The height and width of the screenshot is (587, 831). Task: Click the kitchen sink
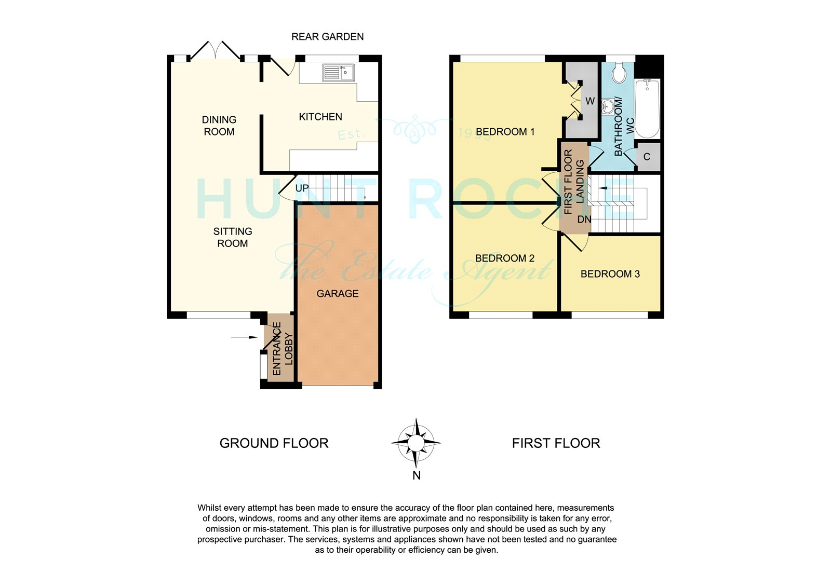(338, 73)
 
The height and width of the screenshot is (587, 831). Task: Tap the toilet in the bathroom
(619, 73)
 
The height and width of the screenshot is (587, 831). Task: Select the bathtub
(647, 108)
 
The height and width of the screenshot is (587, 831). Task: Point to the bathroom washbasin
(607, 107)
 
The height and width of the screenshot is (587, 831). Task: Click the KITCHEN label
(320, 117)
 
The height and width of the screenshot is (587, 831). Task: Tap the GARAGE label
(338, 294)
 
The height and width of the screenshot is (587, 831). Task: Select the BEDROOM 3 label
(610, 274)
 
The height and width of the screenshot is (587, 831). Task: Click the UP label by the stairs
(302, 188)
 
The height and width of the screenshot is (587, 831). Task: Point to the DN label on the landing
(584, 219)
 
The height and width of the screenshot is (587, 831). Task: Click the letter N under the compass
(416, 475)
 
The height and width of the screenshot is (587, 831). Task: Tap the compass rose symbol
(416, 443)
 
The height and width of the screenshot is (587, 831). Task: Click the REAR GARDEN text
(328, 37)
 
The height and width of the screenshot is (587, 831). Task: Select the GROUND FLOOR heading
(274, 443)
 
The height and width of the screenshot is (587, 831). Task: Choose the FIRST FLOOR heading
(556, 443)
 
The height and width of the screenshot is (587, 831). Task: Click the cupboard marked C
(647, 157)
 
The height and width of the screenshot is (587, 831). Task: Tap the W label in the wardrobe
(590, 101)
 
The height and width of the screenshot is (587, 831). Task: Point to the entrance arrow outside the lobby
(244, 337)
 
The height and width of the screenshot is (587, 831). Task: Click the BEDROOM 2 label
(504, 258)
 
